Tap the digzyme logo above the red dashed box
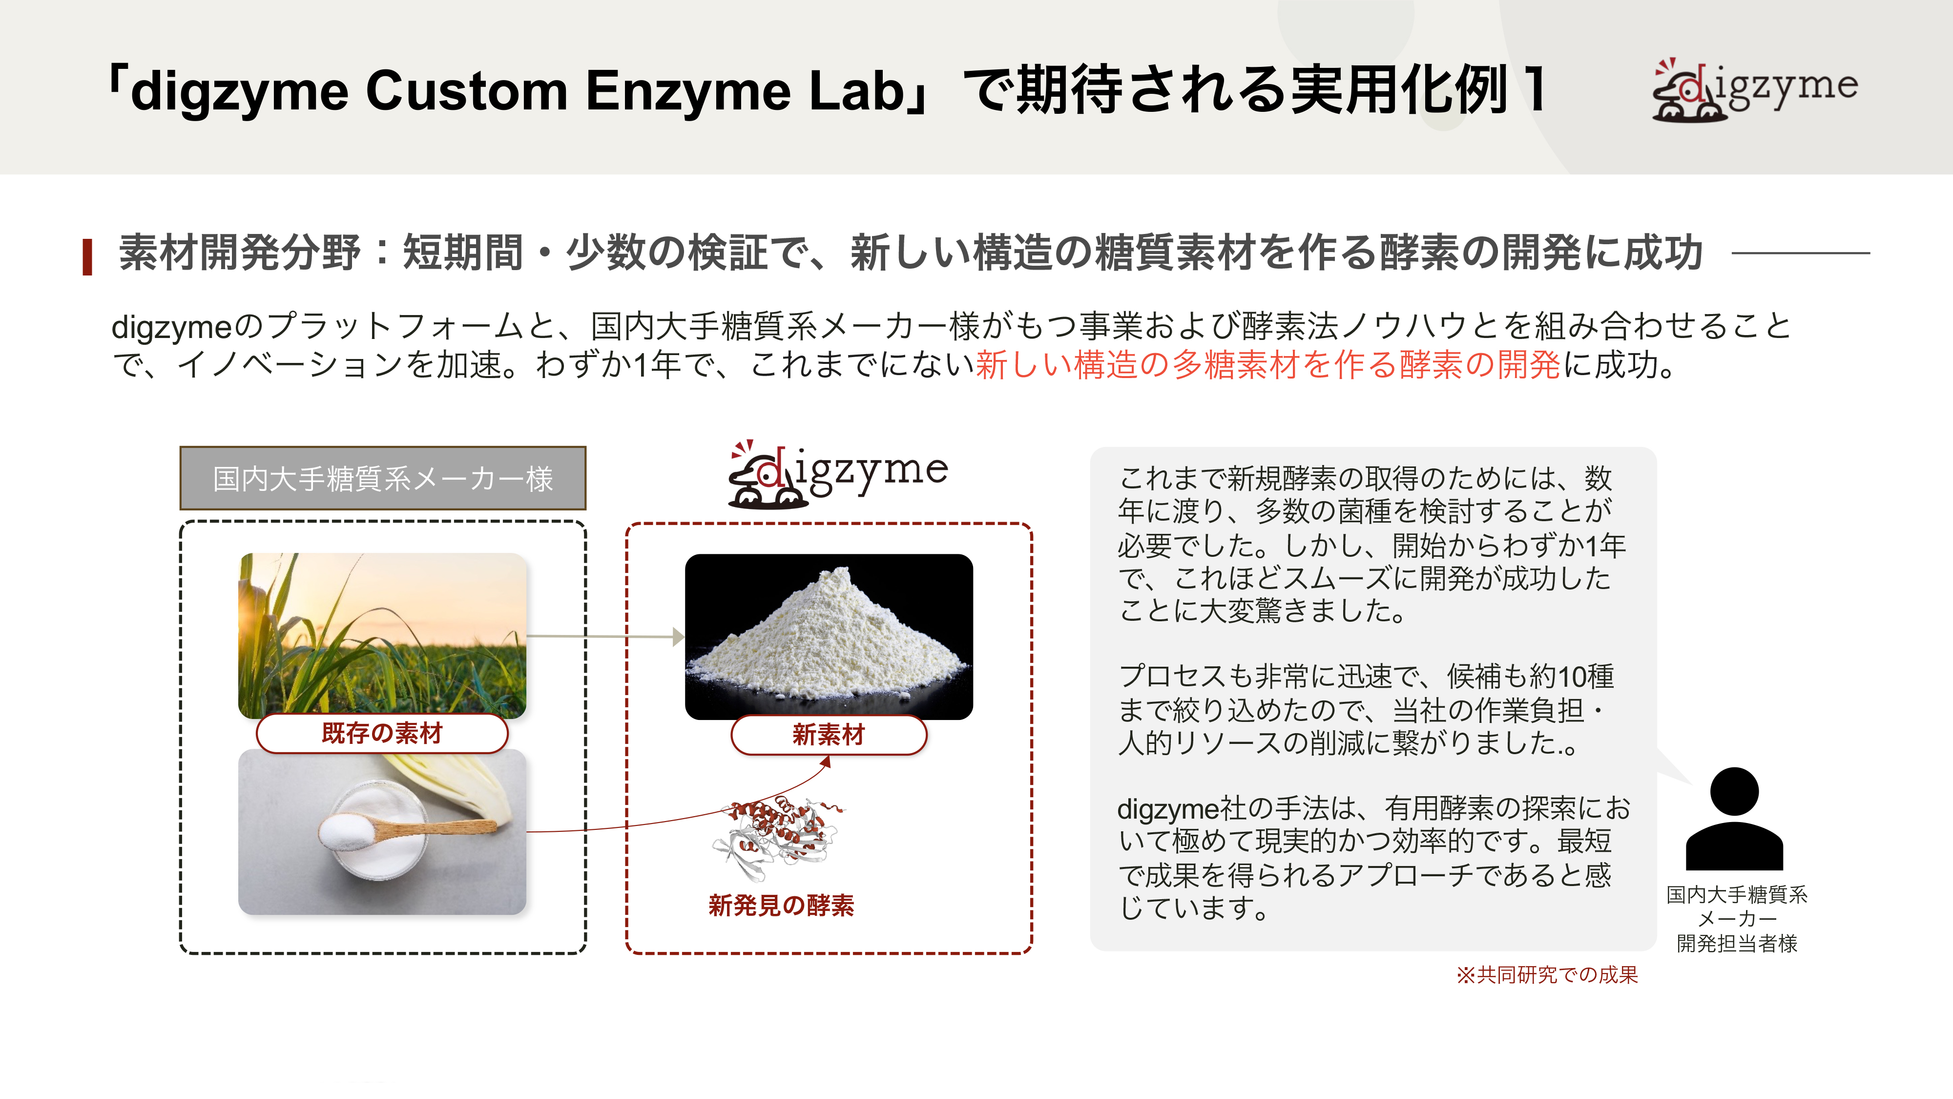[838, 474]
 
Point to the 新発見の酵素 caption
[782, 905]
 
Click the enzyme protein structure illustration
[779, 839]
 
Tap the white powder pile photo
[829, 636]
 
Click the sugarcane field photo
[382, 635]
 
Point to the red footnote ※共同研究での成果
[1547, 974]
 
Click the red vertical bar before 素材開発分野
[87, 256]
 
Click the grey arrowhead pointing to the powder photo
[679, 636]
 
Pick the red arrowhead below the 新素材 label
[827, 761]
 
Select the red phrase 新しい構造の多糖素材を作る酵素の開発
[1267, 365]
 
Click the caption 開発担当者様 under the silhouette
[1737, 944]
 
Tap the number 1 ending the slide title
[1535, 89]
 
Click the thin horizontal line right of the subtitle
[1801, 253]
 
